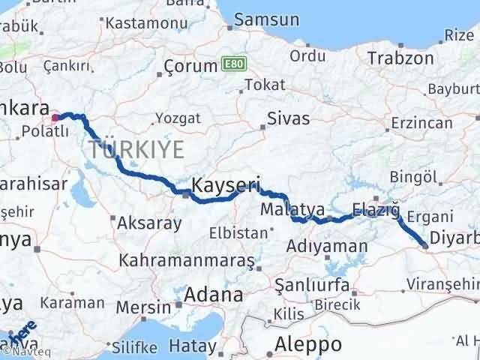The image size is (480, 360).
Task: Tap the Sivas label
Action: [289, 118]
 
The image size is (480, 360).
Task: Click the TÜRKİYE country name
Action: [136, 149]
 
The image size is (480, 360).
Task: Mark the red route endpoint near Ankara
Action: [55, 118]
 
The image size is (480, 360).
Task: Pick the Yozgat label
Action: [177, 118]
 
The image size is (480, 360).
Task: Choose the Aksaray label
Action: [150, 223]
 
